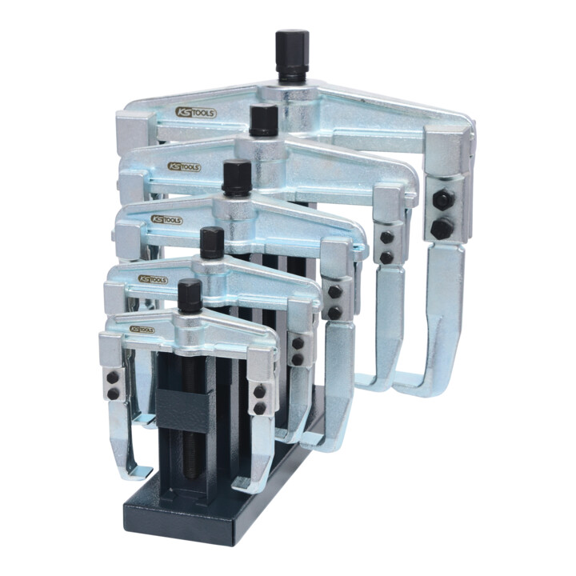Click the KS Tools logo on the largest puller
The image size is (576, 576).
click(x=195, y=113)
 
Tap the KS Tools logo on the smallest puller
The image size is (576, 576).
click(x=142, y=329)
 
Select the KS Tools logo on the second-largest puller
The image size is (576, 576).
click(x=184, y=167)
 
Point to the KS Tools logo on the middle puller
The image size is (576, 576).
click(x=166, y=220)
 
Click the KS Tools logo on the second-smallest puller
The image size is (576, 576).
click(x=153, y=279)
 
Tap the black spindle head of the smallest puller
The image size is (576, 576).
click(x=190, y=295)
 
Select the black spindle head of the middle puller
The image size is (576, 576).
click(x=237, y=178)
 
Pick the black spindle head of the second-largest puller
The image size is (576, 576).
click(x=263, y=120)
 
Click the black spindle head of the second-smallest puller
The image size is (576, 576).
click(x=212, y=242)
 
